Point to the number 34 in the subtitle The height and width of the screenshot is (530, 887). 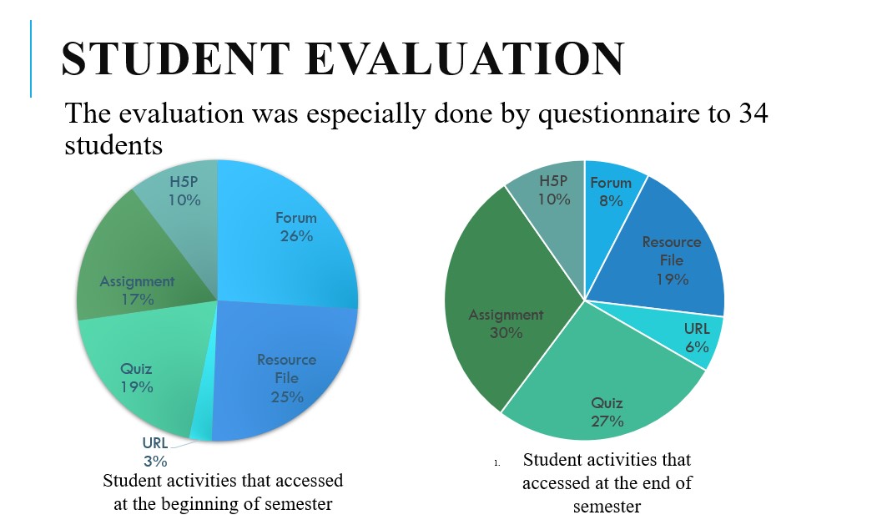pyautogui.click(x=748, y=114)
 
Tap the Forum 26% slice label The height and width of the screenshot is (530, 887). pyautogui.click(x=296, y=227)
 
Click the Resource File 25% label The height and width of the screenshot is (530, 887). pyautogui.click(x=286, y=378)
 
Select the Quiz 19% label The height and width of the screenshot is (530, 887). pyautogui.click(x=136, y=378)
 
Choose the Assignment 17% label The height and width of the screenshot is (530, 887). pyautogui.click(x=138, y=290)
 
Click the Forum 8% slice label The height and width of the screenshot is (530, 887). pyautogui.click(x=611, y=191)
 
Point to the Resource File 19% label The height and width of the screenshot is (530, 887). pyautogui.click(x=672, y=260)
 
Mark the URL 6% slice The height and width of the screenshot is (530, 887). pyautogui.click(x=697, y=338)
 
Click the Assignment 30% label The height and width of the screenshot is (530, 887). pyautogui.click(x=506, y=324)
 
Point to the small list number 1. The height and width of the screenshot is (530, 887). pyautogui.click(x=496, y=462)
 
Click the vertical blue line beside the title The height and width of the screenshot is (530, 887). pyautogui.click(x=31, y=58)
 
